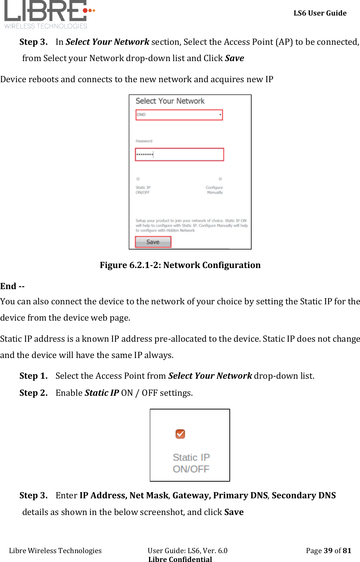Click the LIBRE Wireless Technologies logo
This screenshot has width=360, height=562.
click(x=48, y=14)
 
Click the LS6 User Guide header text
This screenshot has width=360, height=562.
click(x=320, y=13)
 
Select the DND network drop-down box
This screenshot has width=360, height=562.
click(x=179, y=115)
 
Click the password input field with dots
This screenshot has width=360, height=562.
click(x=179, y=154)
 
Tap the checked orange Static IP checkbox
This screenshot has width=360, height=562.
click(x=180, y=434)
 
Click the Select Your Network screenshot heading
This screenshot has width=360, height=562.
click(x=170, y=101)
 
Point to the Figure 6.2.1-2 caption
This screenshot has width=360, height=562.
click(x=180, y=265)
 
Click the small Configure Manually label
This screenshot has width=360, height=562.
click(x=215, y=190)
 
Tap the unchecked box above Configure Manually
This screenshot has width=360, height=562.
click(x=220, y=178)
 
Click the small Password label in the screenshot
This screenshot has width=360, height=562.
click(x=144, y=141)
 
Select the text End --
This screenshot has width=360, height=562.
click(x=13, y=286)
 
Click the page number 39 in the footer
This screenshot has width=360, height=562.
click(x=328, y=551)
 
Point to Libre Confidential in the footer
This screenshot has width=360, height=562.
click(x=180, y=559)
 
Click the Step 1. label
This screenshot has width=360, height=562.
click(x=33, y=376)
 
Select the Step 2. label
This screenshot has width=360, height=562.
click(x=33, y=393)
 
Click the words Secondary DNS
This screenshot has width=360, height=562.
click(x=303, y=495)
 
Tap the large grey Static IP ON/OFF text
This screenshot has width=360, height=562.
click(x=191, y=463)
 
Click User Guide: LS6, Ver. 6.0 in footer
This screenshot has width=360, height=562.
click(x=188, y=551)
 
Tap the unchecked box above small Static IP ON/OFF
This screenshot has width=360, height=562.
click(x=138, y=178)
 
